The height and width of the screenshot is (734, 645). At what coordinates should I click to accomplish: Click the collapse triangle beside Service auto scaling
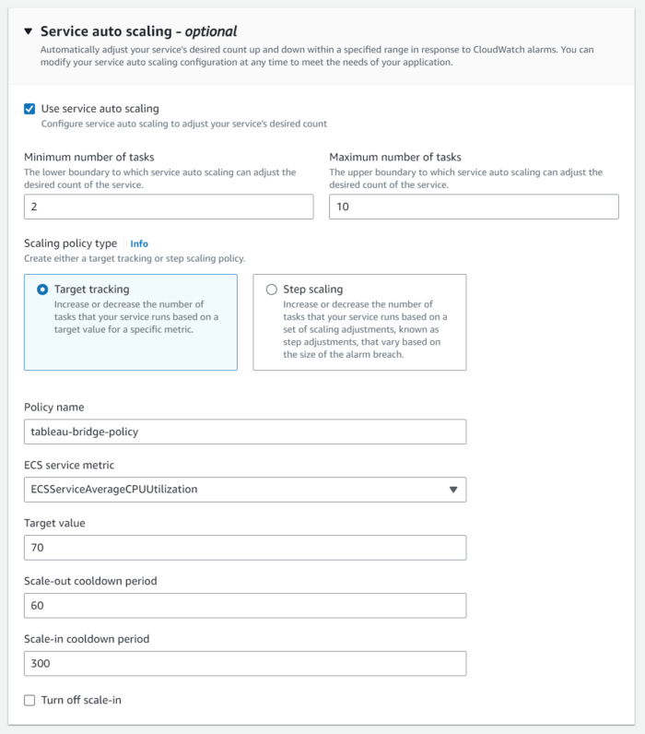pos(28,31)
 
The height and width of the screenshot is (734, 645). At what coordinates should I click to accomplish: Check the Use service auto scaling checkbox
pos(30,109)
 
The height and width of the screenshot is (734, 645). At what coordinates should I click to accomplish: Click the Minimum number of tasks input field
pos(169,207)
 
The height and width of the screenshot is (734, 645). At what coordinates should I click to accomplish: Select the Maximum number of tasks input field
pos(474,207)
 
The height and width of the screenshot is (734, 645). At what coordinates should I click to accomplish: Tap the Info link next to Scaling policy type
pos(139,244)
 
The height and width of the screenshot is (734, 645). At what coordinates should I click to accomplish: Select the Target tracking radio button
pos(42,290)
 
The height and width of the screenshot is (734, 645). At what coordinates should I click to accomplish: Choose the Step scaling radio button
pos(271,290)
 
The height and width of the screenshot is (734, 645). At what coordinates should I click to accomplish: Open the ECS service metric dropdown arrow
pos(452,490)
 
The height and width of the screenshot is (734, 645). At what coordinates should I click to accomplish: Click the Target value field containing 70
pos(245,548)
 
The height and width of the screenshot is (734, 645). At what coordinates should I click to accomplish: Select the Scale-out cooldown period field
pos(245,606)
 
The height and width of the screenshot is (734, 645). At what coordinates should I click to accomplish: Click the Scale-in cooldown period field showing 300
pos(245,664)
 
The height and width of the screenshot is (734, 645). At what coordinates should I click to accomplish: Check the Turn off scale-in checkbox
pos(30,701)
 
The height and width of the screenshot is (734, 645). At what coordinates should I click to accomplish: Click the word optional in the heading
pos(211,31)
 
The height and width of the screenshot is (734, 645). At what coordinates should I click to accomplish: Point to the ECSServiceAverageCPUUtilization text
pos(114,490)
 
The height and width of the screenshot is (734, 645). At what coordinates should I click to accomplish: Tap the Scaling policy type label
pos(71,243)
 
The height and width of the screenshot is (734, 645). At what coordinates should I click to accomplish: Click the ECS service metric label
pos(69,465)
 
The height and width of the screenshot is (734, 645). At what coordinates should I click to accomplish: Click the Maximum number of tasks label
pos(395,157)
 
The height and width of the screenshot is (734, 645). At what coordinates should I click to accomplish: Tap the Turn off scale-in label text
pos(81,701)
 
